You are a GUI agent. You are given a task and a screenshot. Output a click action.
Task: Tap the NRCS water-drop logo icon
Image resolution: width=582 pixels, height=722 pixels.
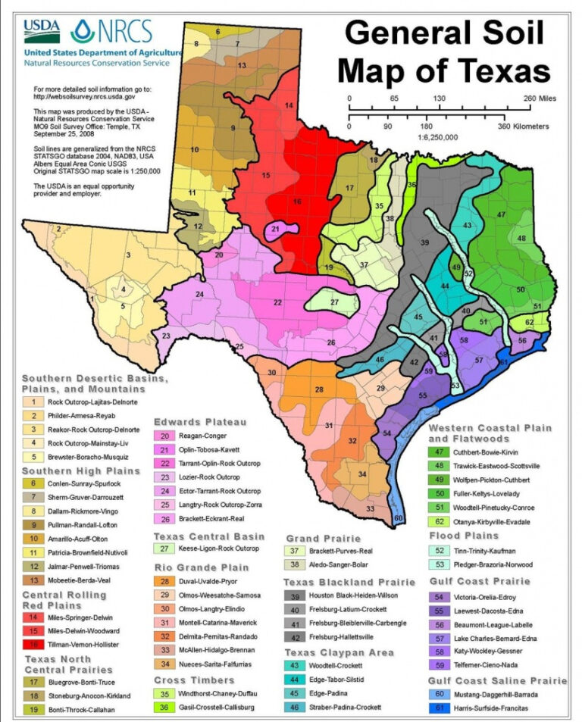pos(82,31)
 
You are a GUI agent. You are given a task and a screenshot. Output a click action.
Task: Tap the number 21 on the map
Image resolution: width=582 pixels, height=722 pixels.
pos(276,229)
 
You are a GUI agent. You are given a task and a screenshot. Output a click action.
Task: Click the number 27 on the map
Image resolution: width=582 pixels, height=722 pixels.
pos(334,302)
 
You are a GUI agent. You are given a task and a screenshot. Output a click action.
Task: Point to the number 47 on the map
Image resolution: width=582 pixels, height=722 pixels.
pos(501,214)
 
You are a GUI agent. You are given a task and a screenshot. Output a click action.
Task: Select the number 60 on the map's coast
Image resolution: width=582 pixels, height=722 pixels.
pos(399,518)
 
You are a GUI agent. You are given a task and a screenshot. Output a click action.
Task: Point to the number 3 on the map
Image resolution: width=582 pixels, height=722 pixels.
pos(129,255)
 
